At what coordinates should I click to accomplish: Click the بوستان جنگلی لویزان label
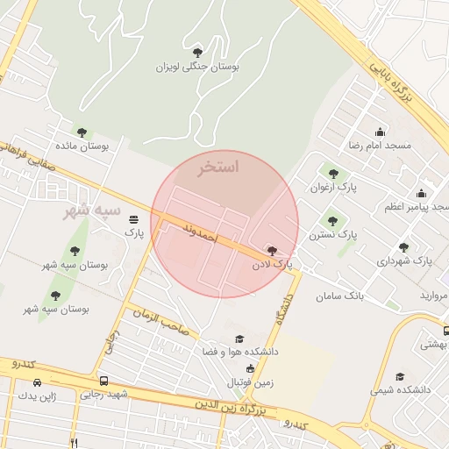(197, 67)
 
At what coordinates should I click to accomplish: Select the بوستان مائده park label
(82, 146)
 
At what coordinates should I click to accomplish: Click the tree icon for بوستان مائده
(82, 132)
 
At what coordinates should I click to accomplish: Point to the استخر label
(218, 166)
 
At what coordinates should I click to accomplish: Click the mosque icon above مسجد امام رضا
(380, 131)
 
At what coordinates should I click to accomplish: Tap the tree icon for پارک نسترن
(331, 221)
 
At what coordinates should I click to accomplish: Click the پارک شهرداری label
(404, 261)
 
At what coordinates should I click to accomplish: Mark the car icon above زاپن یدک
(37, 382)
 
